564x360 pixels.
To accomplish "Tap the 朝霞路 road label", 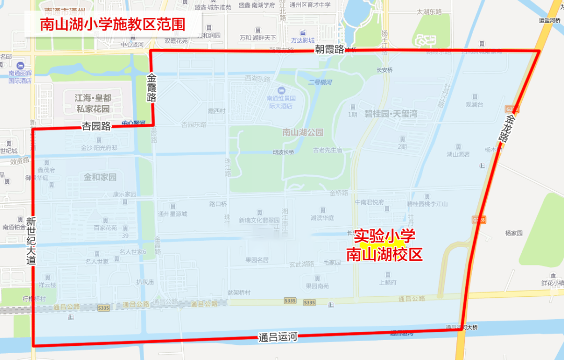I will tap(329, 50).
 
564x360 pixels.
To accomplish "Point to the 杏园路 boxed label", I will tap(96, 126).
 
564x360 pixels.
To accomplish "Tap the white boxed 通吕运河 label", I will tap(277, 337).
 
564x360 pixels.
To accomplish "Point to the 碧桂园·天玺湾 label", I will tap(390, 114).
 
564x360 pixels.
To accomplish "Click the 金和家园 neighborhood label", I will tap(100, 177).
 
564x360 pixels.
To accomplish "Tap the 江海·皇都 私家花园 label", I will tap(92, 103).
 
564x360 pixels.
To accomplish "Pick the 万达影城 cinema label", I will tap(303, 40).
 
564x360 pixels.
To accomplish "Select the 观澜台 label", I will tap(475, 104).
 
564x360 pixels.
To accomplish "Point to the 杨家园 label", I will tap(513, 233).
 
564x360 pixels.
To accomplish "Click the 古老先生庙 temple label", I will tap(327, 150).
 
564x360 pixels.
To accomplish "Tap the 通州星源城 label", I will tap(172, 213).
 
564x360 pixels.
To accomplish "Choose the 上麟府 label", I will tap(387, 282).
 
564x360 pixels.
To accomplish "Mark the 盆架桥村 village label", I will tap(239, 293).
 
